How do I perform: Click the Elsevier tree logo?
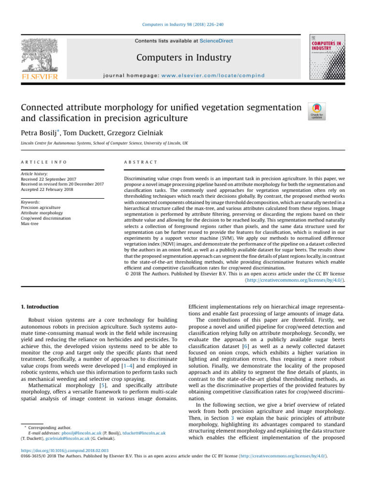coord(39,58)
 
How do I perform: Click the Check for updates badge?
coord(316,111)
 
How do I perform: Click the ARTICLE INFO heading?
coord(44,161)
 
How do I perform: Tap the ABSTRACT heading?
coord(141,161)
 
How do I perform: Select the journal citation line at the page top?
coord(185,24)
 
